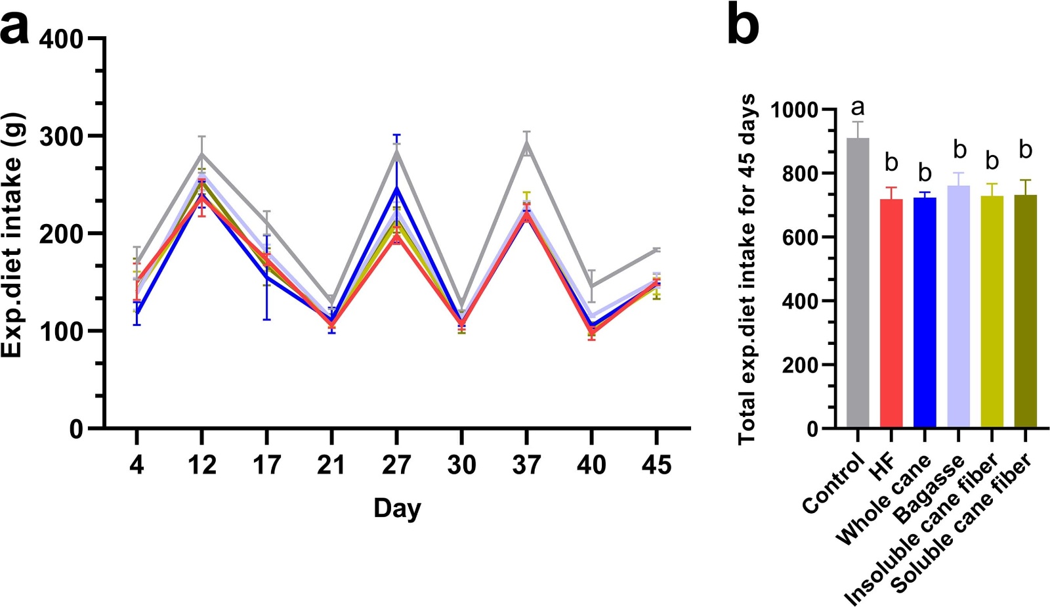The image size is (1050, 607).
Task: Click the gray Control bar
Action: (858, 282)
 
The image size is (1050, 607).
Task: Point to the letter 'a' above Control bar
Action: (857, 107)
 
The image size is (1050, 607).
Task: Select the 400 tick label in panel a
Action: (62, 39)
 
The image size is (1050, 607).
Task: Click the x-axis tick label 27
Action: (396, 465)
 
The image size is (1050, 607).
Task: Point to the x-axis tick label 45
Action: (656, 465)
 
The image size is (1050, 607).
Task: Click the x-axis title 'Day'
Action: (397, 508)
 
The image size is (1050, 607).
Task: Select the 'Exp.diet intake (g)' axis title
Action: (13, 235)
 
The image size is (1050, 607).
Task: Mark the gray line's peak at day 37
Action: (526, 143)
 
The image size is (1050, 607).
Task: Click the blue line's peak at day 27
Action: (396, 189)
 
